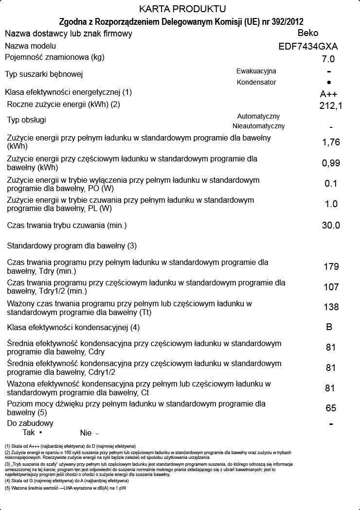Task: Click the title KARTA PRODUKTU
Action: [x=182, y=9]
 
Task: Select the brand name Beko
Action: [x=308, y=33]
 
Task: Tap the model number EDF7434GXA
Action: [x=308, y=47]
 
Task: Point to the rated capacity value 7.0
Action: [x=328, y=59]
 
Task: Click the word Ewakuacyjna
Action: [x=256, y=71]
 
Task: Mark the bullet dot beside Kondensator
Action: [x=329, y=83]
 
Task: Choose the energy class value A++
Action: [x=328, y=94]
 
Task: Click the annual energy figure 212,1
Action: [x=331, y=106]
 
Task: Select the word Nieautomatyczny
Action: [x=259, y=126]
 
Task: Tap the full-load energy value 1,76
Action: [x=331, y=142]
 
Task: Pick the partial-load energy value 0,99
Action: [x=331, y=163]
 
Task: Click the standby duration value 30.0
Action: [x=331, y=225]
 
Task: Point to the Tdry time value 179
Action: [x=331, y=266]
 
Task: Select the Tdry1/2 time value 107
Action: [x=331, y=287]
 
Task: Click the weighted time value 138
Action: [x=331, y=307]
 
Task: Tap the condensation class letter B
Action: [x=329, y=327]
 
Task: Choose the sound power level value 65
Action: [x=331, y=408]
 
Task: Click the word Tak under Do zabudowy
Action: [x=29, y=433]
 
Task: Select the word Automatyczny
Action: [x=258, y=116]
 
